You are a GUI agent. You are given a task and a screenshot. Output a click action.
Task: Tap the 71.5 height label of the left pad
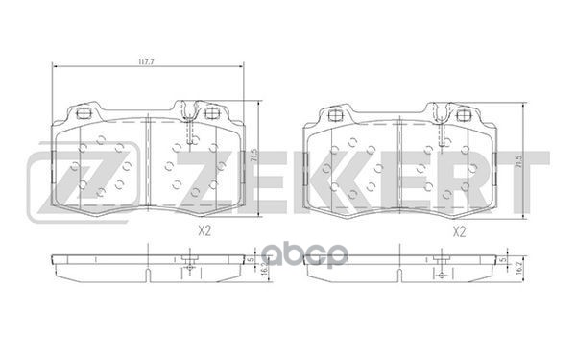tap(253, 154)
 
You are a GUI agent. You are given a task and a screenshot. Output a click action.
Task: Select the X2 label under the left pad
tap(204, 230)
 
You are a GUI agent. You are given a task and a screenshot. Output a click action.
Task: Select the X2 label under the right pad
tap(458, 230)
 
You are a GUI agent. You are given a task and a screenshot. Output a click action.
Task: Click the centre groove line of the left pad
tap(145, 163)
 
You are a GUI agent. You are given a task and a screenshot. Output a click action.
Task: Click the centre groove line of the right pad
tap(396, 163)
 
